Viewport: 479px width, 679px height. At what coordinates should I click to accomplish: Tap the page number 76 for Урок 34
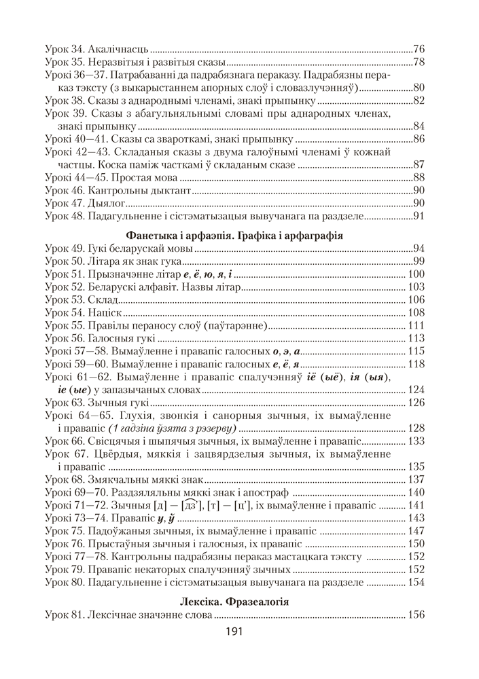(419, 50)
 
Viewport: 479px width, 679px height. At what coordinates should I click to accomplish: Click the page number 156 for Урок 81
(416, 615)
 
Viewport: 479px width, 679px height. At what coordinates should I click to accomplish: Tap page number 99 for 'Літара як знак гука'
(419, 262)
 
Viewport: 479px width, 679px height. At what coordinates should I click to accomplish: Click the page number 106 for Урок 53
(416, 299)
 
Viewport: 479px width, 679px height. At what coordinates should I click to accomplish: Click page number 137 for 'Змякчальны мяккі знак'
(416, 479)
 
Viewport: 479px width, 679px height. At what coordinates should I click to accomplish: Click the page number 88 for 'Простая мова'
(419, 177)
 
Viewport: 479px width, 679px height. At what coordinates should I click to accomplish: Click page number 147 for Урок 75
(416, 530)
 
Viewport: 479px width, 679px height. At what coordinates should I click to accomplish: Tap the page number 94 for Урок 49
(419, 249)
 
